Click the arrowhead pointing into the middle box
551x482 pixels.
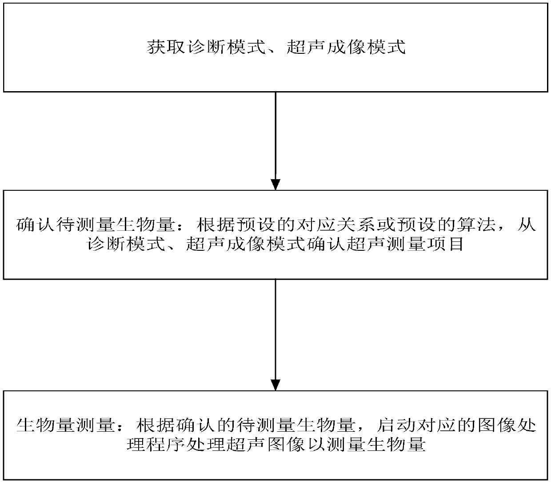point(275,185)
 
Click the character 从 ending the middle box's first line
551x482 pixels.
point(527,225)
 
